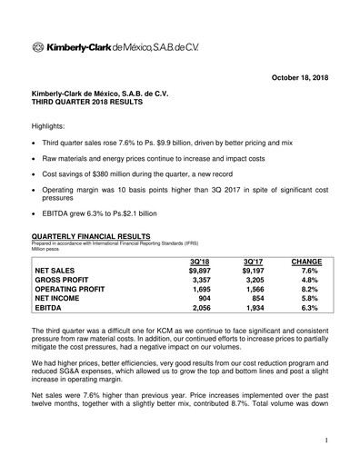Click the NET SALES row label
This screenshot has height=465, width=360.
56,271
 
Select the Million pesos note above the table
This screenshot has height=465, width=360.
48,255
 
